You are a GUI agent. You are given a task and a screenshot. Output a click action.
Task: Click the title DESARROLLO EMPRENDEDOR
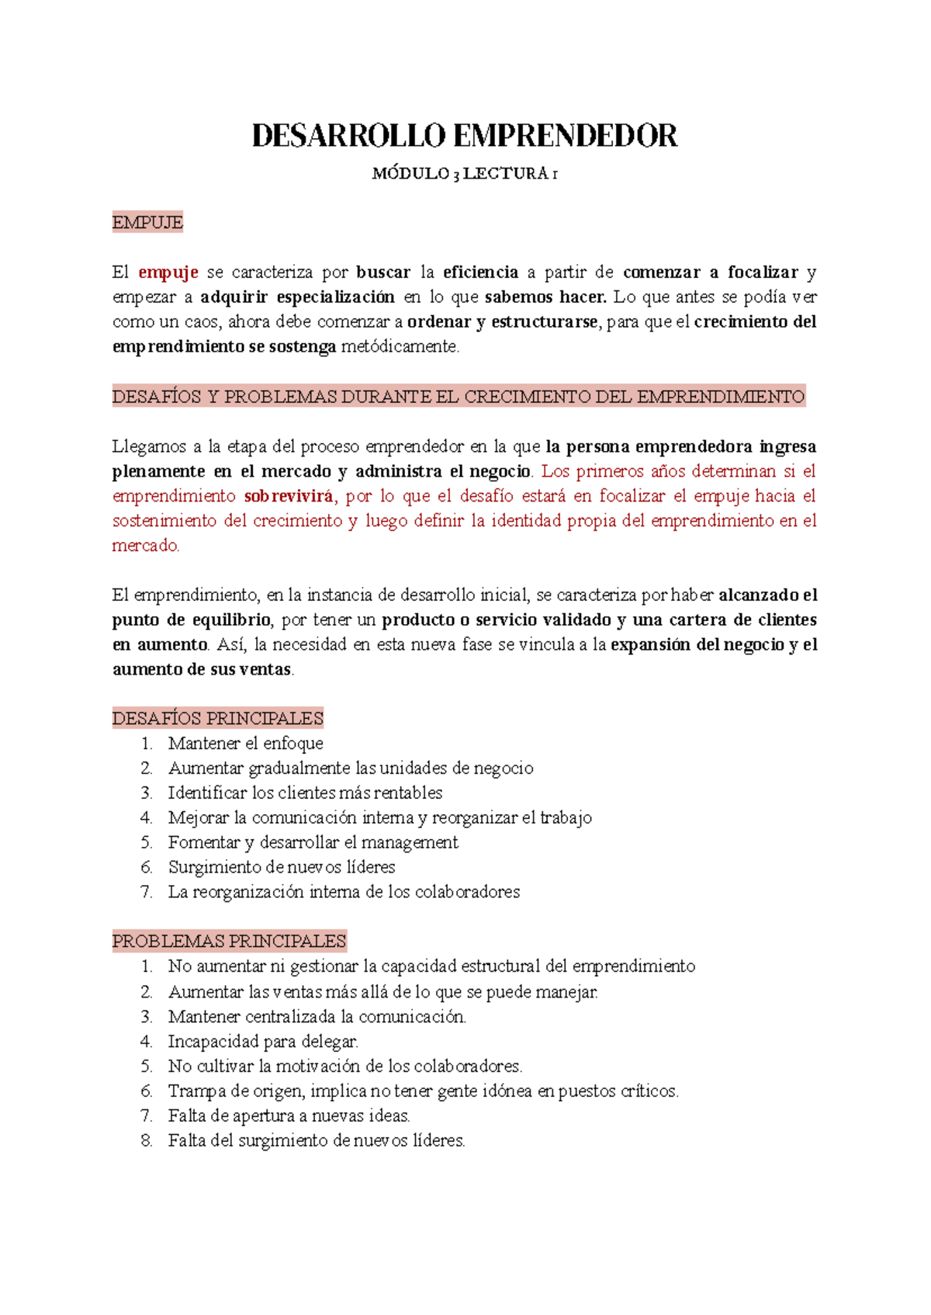465,136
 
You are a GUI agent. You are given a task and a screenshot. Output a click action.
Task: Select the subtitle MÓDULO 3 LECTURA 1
465,174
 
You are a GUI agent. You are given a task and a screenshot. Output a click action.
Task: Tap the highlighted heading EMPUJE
147,223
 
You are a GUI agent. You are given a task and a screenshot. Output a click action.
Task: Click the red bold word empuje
168,272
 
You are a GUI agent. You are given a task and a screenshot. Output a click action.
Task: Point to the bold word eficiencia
480,272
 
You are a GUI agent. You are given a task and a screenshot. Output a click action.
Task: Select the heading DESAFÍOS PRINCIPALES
217,718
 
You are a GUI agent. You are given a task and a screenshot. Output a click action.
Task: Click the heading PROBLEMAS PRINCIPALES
229,941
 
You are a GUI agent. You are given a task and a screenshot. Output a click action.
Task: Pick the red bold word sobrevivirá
288,496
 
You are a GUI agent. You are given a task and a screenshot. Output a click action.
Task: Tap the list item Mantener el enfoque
245,744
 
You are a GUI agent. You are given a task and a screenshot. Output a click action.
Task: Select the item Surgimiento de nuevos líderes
282,867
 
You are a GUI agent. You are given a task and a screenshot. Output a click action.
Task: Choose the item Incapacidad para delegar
263,1041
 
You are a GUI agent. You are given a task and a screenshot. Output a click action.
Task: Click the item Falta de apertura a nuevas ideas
289,1115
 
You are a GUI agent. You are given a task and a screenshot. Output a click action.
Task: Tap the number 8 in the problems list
146,1140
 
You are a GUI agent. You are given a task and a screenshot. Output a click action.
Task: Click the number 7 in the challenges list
146,892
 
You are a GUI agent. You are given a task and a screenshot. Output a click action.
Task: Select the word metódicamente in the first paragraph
400,347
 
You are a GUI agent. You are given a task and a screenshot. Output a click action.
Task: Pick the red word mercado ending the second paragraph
144,546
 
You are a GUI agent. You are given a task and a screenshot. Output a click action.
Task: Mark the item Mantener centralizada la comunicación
317,1016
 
